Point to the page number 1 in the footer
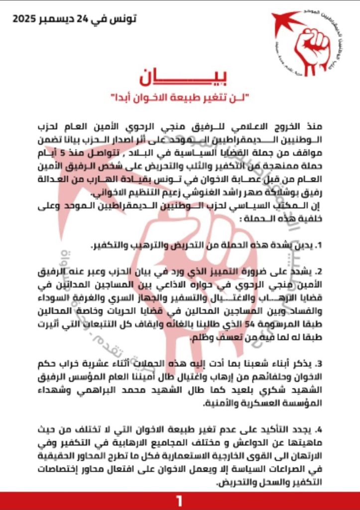tap(180, 501)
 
